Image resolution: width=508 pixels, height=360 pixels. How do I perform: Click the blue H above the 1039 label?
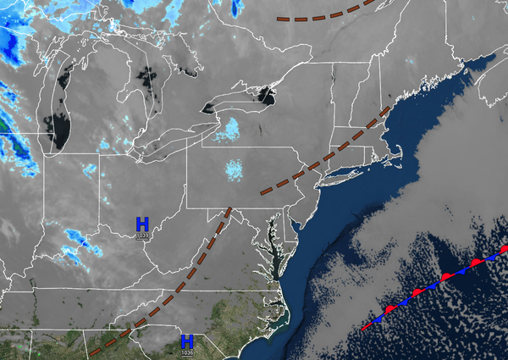pyautogui.click(x=142, y=224)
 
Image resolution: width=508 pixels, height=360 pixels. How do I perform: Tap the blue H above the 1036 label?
pyautogui.click(x=186, y=341)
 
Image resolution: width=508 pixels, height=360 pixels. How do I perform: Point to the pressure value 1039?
pyautogui.click(x=142, y=235)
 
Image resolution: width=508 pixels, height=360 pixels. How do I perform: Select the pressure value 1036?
pyautogui.click(x=186, y=352)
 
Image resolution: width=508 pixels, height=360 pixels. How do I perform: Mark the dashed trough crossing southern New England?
pyautogui.click(x=356, y=137)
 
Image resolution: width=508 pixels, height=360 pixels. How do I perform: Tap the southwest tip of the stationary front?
pyautogui.click(x=365, y=327)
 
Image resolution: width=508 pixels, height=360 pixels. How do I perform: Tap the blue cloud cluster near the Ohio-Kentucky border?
pyautogui.click(x=76, y=241)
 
